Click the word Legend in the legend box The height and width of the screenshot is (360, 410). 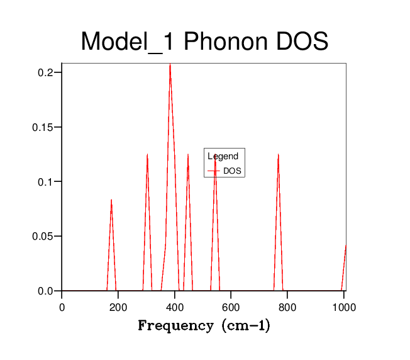223,157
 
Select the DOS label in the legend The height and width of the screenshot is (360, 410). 233,171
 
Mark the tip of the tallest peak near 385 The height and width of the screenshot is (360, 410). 170,64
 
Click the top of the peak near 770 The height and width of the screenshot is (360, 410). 278,154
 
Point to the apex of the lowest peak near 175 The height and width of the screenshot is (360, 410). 111,200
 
